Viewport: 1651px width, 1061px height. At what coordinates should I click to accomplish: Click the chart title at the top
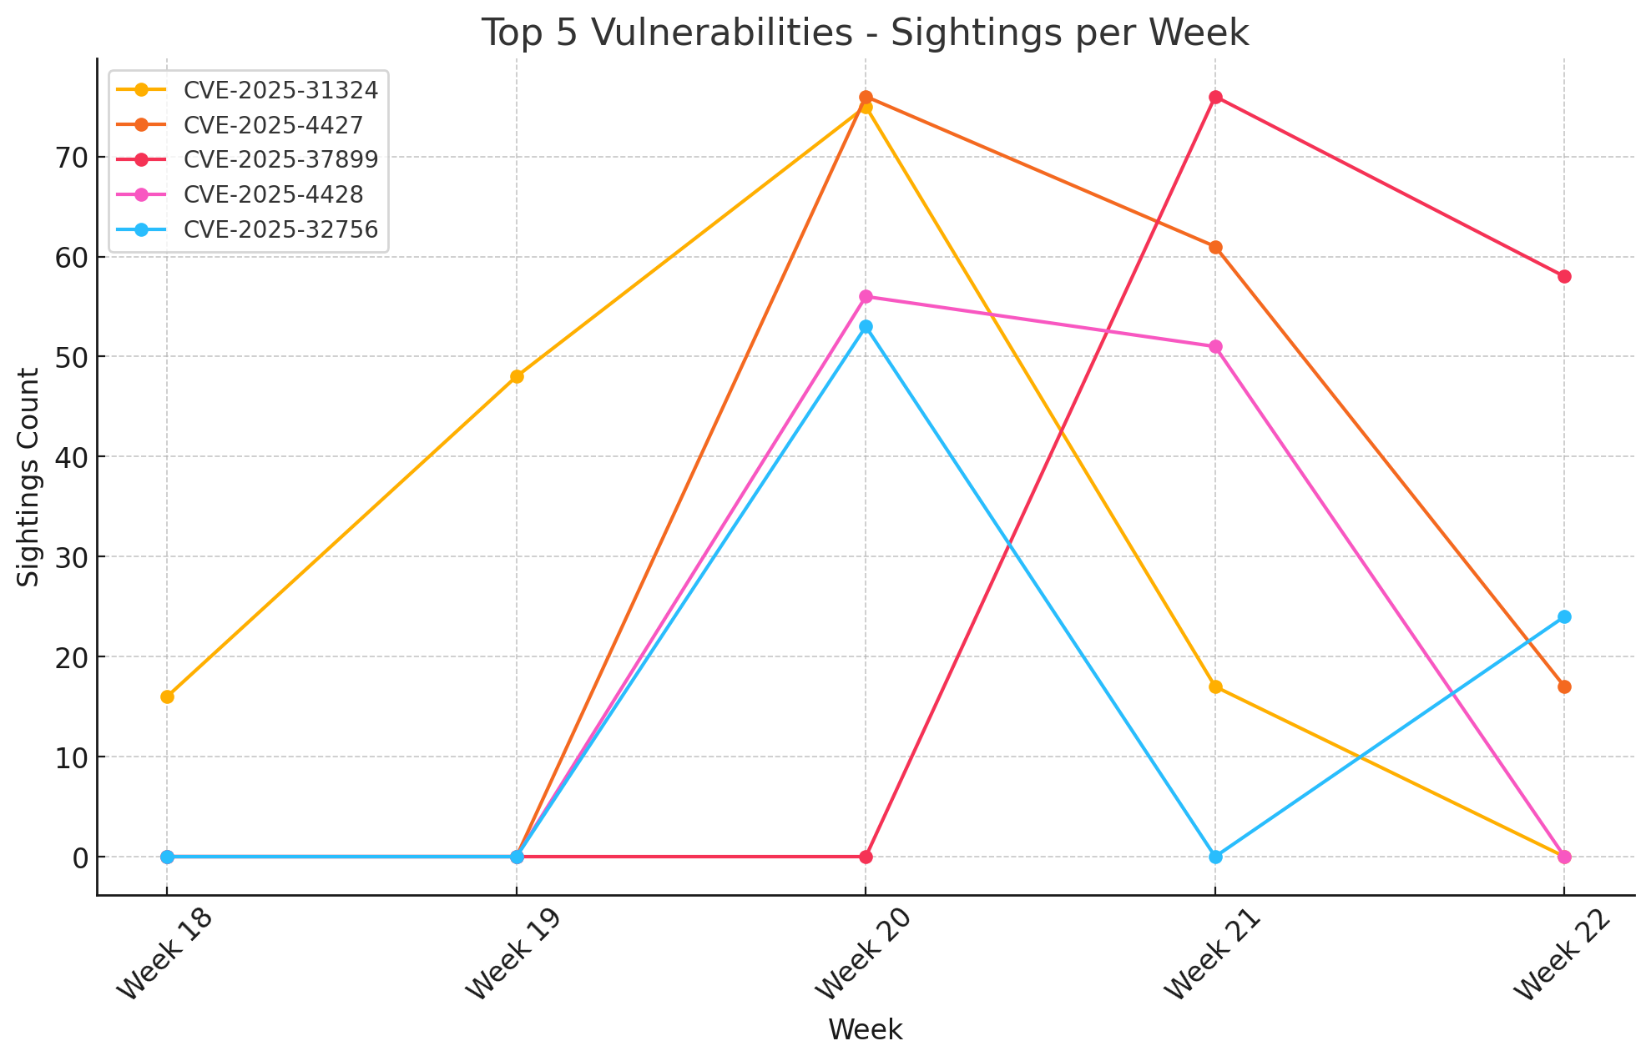pyautogui.click(x=865, y=33)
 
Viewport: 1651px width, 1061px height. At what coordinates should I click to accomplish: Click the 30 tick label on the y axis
pyautogui.click(x=70, y=557)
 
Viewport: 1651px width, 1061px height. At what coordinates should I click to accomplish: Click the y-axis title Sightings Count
pyautogui.click(x=30, y=477)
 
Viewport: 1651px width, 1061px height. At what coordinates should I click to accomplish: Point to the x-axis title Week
pyautogui.click(x=865, y=1030)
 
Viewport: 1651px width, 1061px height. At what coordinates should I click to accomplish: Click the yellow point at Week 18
pyautogui.click(x=167, y=696)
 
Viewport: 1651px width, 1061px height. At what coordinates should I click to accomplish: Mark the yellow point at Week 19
pyautogui.click(x=517, y=376)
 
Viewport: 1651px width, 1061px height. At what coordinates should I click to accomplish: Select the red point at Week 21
pyautogui.click(x=1215, y=97)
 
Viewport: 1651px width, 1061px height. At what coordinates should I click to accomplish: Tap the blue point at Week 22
pyautogui.click(x=1564, y=617)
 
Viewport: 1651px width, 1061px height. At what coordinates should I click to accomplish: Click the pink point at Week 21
pyautogui.click(x=1215, y=347)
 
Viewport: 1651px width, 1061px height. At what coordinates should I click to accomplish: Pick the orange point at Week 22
pyautogui.click(x=1564, y=686)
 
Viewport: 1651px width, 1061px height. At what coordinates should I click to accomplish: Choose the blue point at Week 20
pyautogui.click(x=866, y=327)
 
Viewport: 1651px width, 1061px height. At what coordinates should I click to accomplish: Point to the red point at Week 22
pyautogui.click(x=1564, y=276)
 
